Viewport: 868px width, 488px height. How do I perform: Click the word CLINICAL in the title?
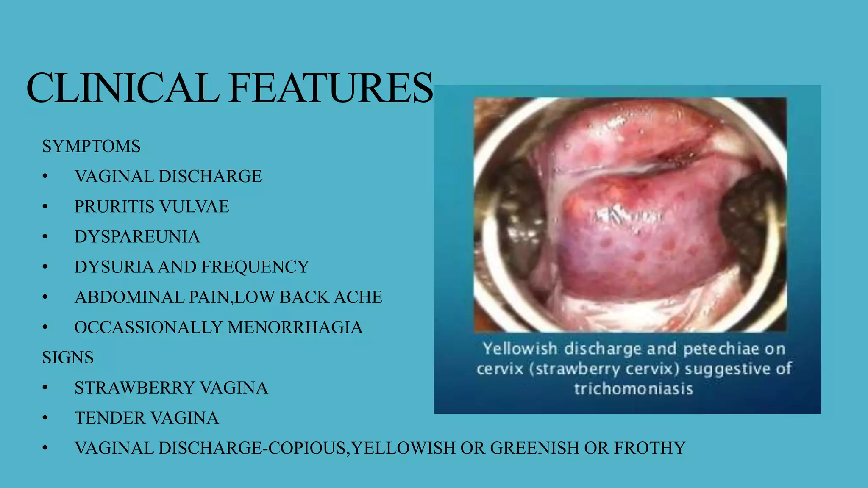123,88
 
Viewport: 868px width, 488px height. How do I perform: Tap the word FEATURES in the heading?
331,88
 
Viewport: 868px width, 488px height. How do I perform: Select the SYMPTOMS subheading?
91,147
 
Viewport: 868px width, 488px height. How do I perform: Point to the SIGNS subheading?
68,358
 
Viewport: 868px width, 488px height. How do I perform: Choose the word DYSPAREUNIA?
137,237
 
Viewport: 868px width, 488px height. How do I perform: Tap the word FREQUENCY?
255,267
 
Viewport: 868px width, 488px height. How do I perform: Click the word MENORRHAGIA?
295,327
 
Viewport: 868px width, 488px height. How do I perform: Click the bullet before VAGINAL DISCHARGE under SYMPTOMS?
45,177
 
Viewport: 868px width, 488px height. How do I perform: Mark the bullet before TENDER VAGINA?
45,418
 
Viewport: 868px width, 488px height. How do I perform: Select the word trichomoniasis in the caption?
634,389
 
